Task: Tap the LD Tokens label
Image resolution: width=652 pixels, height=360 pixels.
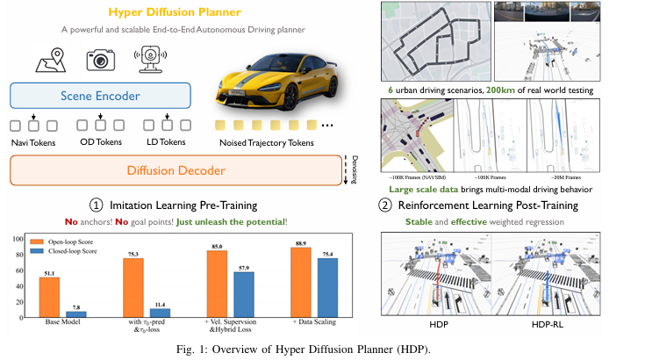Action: [162, 142]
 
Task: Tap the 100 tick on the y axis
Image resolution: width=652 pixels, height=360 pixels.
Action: [18, 239]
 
